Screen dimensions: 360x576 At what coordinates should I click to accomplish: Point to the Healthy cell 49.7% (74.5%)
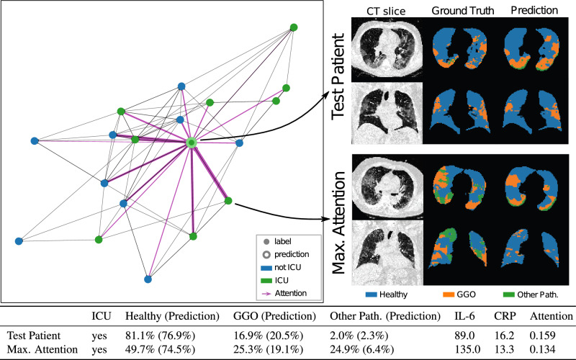(161, 349)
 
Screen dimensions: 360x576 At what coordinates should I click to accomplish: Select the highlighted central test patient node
(192, 143)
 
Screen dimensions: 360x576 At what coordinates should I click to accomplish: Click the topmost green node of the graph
(294, 27)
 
